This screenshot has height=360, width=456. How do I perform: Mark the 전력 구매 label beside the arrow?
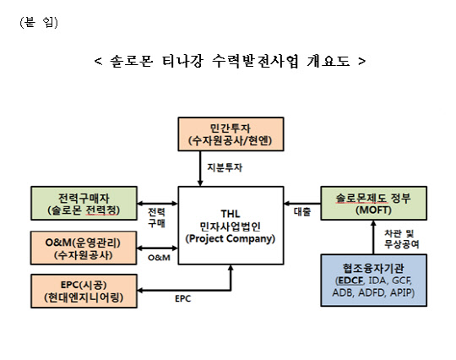pyautogui.click(x=156, y=217)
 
